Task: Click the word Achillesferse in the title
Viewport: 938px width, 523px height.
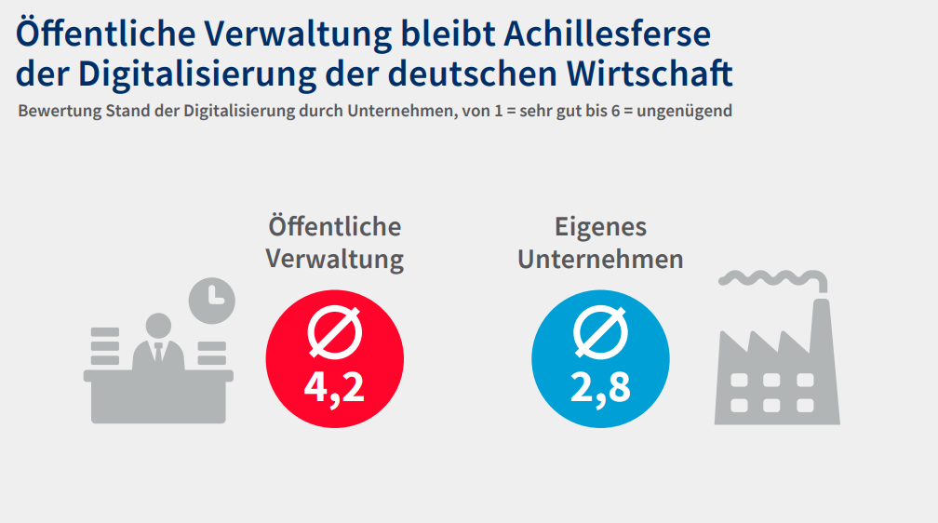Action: click(x=607, y=34)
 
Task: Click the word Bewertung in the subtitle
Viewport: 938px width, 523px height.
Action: click(x=53, y=111)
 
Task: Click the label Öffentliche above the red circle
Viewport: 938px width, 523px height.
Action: click(x=334, y=226)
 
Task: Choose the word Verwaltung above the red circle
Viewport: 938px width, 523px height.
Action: click(x=334, y=258)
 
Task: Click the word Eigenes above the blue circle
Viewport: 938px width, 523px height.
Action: click(x=600, y=226)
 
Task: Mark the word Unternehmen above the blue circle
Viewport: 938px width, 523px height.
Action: click(x=600, y=258)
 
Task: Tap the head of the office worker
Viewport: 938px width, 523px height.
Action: click(x=158, y=327)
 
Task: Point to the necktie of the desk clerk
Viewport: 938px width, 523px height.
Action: click(x=158, y=354)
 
